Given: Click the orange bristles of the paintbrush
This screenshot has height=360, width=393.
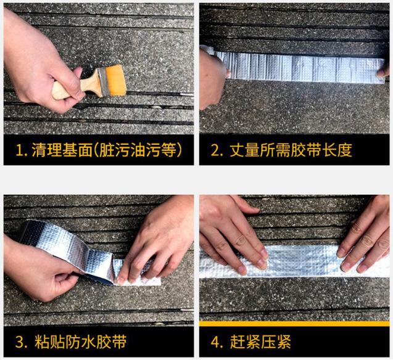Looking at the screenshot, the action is click(115, 80).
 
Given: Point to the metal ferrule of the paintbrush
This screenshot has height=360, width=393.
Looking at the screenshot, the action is click(103, 82).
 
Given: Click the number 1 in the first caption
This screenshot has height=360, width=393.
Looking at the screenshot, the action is click(19, 150).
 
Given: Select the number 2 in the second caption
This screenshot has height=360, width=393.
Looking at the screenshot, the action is click(215, 150).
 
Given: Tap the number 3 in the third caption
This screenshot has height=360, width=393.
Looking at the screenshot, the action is click(19, 342).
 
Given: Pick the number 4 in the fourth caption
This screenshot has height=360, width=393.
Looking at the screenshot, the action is click(215, 342).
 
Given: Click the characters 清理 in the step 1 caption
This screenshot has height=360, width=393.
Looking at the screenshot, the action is click(47, 150).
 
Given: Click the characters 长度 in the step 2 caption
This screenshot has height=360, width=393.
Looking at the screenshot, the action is click(337, 150).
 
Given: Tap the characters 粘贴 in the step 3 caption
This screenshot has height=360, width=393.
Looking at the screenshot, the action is click(49, 342).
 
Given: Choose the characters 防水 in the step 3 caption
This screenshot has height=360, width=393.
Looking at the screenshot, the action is click(80, 342).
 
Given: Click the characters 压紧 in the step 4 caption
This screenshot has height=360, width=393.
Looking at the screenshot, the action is click(276, 342).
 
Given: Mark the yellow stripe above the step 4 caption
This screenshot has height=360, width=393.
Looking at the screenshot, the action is click(294, 324).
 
